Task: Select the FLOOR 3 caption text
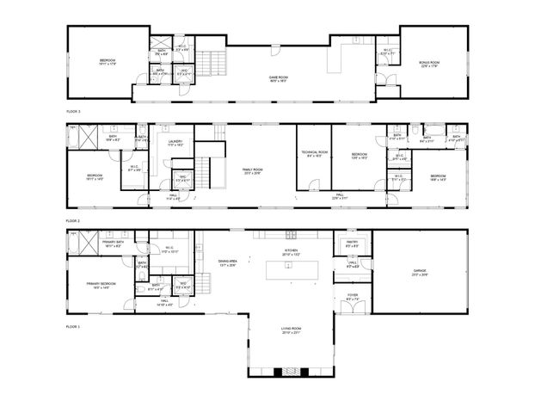[x=73, y=111]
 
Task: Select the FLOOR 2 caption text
[x=73, y=220]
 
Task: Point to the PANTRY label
[x=352, y=243]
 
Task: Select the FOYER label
[x=353, y=297]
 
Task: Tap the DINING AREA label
[x=228, y=263]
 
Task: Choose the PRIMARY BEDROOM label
[x=101, y=285]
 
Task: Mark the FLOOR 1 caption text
[x=73, y=327]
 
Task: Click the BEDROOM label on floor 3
[x=107, y=61]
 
